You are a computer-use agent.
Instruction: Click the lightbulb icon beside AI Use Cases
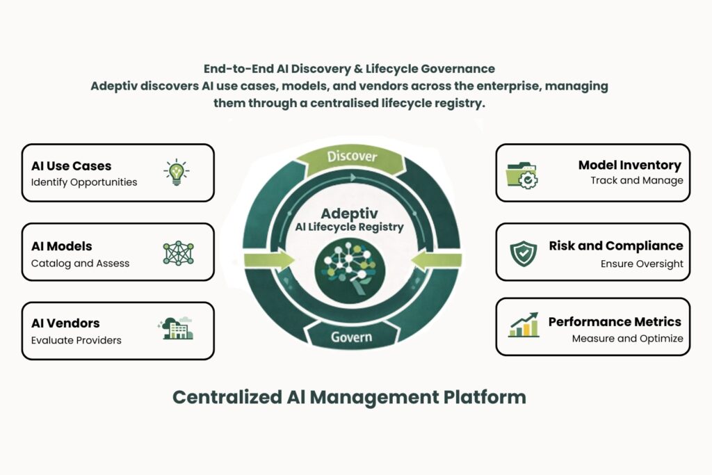coord(177,172)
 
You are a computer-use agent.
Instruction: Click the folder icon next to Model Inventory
coord(521,174)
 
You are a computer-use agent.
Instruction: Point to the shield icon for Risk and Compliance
coord(523,254)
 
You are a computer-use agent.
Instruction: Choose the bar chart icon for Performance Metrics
coord(524,325)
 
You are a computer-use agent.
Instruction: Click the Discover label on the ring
coord(352,156)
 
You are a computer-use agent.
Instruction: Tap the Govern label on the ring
coord(351,338)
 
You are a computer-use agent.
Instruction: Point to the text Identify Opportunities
coord(84,182)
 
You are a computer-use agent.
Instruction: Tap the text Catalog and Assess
coord(80,264)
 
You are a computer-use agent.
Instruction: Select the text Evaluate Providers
coord(76,340)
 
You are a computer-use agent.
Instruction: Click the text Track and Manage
coord(637,181)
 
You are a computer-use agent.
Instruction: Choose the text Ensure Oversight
coord(642,264)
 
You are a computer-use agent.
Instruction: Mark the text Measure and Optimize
coord(627,339)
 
